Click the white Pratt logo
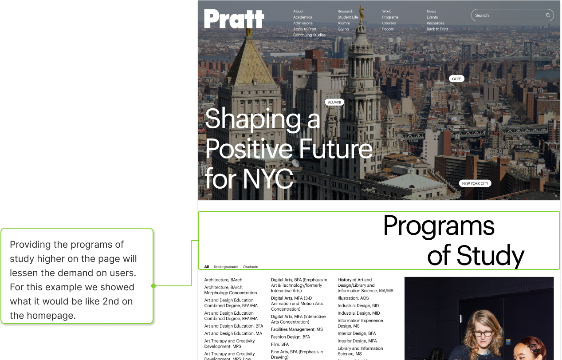pyautogui.click(x=234, y=19)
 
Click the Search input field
pyautogui.click(x=512, y=15)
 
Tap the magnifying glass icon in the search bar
pyautogui.click(x=548, y=15)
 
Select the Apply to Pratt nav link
pyautogui.click(x=305, y=29)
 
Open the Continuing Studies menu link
pyautogui.click(x=309, y=35)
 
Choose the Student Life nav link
pyautogui.click(x=348, y=17)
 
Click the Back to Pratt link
pyautogui.click(x=437, y=29)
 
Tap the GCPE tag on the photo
pyautogui.click(x=456, y=79)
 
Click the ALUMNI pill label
pyautogui.click(x=334, y=102)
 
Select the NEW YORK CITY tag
pyautogui.click(x=475, y=183)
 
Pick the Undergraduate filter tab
pyautogui.click(x=226, y=267)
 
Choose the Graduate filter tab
pyautogui.click(x=250, y=267)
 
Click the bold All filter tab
pyautogui.click(x=207, y=267)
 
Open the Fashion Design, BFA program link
pyautogui.click(x=290, y=337)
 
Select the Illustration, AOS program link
pyautogui.click(x=353, y=298)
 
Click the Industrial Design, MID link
pyautogui.click(x=358, y=313)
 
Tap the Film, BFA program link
pyautogui.click(x=280, y=344)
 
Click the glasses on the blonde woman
pyautogui.click(x=483, y=334)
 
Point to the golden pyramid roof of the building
pyautogui.click(x=250, y=62)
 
